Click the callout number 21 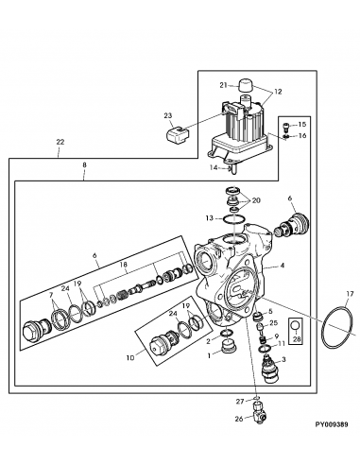click(223, 85)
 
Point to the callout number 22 click(60, 142)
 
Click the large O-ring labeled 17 click(336, 328)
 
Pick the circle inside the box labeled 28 click(296, 326)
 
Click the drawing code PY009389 click(332, 424)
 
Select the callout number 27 click(240, 402)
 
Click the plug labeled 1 click(229, 347)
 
